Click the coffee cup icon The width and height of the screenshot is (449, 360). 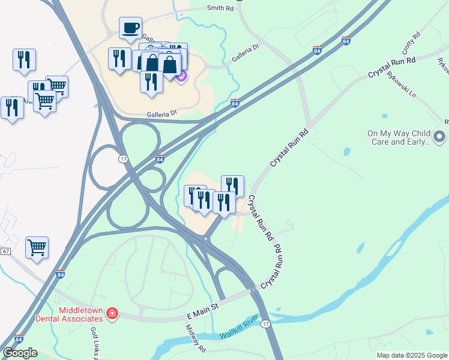click(x=130, y=28)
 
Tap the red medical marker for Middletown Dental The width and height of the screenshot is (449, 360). click(x=112, y=314)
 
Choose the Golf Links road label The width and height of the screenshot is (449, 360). click(x=95, y=342)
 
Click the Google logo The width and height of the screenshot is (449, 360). click(x=20, y=353)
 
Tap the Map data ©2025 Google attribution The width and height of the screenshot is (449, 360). click(x=412, y=355)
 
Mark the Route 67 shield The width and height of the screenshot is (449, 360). click(x=5, y=251)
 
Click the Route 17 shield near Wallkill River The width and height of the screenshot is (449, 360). click(x=266, y=324)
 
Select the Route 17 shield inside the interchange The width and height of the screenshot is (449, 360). click(x=122, y=158)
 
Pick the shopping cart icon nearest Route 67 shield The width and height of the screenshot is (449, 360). click(x=37, y=247)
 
